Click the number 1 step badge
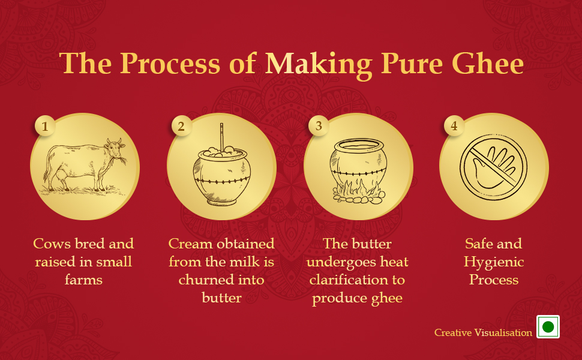coord(45,127)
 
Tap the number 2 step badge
coord(181,127)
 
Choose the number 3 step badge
coord(319,127)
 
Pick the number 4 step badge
coord(454,127)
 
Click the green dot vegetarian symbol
coord(548,327)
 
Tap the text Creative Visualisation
coord(483,332)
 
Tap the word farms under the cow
coord(83,280)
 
